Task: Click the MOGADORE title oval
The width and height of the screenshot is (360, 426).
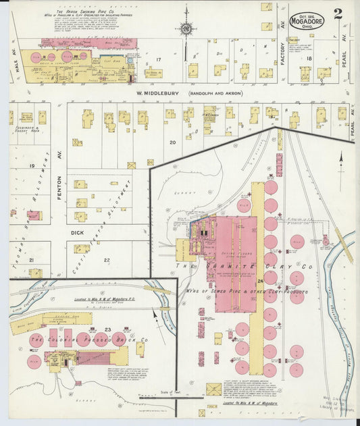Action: coord(307,20)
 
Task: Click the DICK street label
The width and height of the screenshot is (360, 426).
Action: coord(77,232)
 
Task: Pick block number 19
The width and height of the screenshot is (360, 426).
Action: coord(30,165)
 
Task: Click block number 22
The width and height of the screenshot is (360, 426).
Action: coord(106,260)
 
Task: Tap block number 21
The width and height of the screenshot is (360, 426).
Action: coord(30,260)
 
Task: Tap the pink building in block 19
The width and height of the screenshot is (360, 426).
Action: coord(34,216)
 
